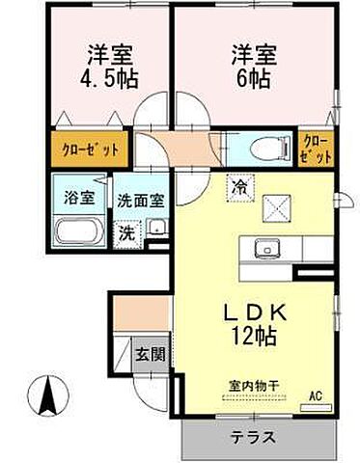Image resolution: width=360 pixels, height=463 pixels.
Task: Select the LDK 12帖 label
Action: point(254,324)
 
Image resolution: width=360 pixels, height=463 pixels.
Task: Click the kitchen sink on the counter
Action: point(265,250)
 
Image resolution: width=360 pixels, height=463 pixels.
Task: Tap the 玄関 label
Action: point(149,354)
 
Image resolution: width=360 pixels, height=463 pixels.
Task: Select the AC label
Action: point(315,395)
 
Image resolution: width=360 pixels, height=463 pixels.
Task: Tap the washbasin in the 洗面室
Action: point(154,230)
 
